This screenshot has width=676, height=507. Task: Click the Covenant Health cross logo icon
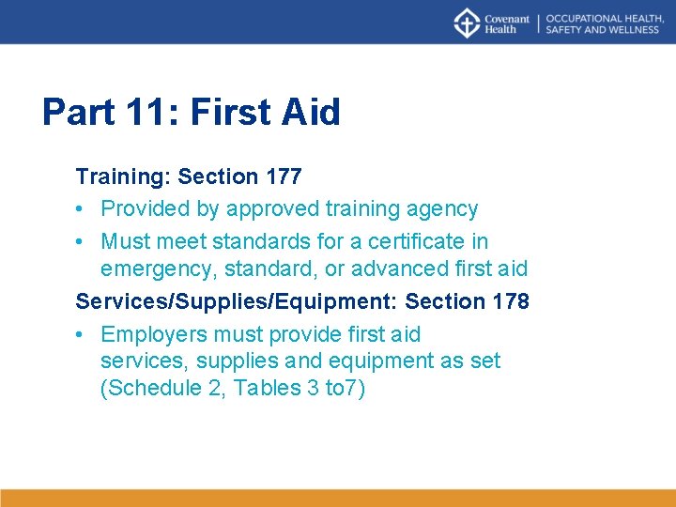[x=467, y=23]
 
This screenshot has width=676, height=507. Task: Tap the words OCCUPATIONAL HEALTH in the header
[x=598, y=18]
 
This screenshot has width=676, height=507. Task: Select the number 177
[x=284, y=177]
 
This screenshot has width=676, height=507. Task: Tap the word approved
[x=273, y=208]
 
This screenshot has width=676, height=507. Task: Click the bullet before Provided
[x=82, y=208]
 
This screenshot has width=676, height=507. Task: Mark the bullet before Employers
[x=82, y=334]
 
